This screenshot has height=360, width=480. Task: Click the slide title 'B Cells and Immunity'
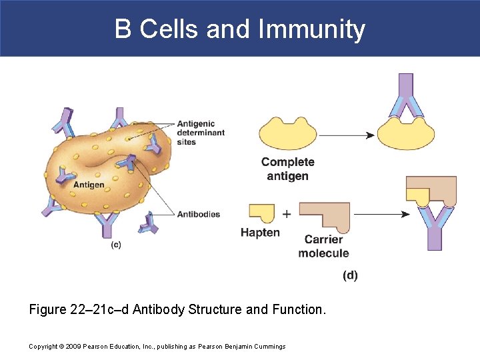pos(240,29)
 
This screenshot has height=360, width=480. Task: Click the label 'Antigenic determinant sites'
pos(201,133)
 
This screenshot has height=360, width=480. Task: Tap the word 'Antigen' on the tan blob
pos(89,185)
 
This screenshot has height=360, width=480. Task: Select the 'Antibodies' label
pos(199,215)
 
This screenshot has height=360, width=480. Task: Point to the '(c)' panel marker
pos(116,245)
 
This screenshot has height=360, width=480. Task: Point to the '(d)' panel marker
pos(350,275)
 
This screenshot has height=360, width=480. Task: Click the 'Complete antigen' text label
pos(287,169)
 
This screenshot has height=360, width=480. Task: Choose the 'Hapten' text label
pos(260,233)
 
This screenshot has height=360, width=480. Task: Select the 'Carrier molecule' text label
pos(323,246)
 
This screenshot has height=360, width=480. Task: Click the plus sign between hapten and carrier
pos(287,214)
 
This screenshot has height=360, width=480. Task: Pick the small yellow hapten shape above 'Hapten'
pos(261,212)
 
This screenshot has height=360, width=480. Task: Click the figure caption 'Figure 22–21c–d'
pos(178,309)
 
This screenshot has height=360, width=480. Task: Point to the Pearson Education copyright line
pos(157,346)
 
